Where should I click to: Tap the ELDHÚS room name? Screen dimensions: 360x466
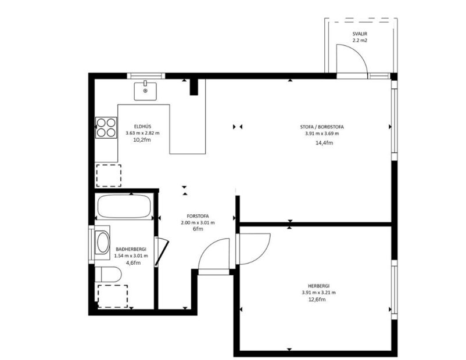(x=142, y=126)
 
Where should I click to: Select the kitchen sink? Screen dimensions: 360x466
(x=145, y=91)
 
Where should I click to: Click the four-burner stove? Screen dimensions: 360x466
(x=106, y=127)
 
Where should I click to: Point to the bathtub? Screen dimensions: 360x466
(x=124, y=207)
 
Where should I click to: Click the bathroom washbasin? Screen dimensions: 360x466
(x=103, y=243)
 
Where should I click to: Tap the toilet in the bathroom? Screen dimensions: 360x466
(x=108, y=274)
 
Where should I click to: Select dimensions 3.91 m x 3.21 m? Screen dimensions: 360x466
(x=319, y=292)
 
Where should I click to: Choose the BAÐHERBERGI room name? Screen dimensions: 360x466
(x=131, y=248)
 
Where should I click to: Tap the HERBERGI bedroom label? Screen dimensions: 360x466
(x=319, y=285)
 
